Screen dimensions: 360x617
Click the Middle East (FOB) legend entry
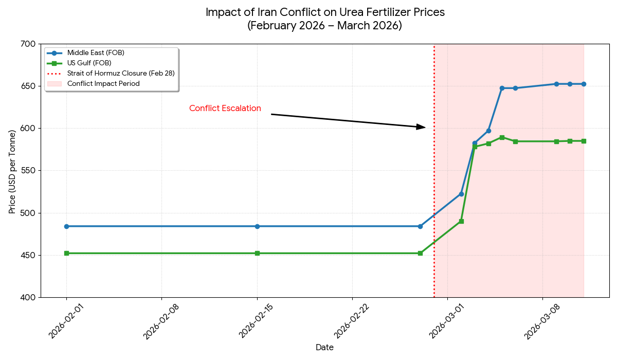point(96,53)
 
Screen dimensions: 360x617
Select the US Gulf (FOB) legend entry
point(89,63)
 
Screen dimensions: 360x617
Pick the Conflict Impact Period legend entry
point(103,83)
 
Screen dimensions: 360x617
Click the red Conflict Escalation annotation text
point(225,109)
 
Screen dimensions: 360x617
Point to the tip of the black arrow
point(425,127)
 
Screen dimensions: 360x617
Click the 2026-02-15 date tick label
point(256,321)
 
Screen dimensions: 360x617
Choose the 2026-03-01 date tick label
point(446,321)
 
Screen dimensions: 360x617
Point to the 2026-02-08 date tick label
point(160,321)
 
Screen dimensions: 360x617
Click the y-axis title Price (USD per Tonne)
point(12,172)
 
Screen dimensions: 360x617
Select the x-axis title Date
point(324,348)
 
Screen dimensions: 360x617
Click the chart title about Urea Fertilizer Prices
point(325,19)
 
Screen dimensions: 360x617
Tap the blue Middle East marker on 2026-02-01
point(66,226)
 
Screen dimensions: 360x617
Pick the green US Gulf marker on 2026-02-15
point(257,253)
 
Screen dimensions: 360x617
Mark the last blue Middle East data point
point(584,84)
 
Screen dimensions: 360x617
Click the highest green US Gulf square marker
point(502,137)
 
